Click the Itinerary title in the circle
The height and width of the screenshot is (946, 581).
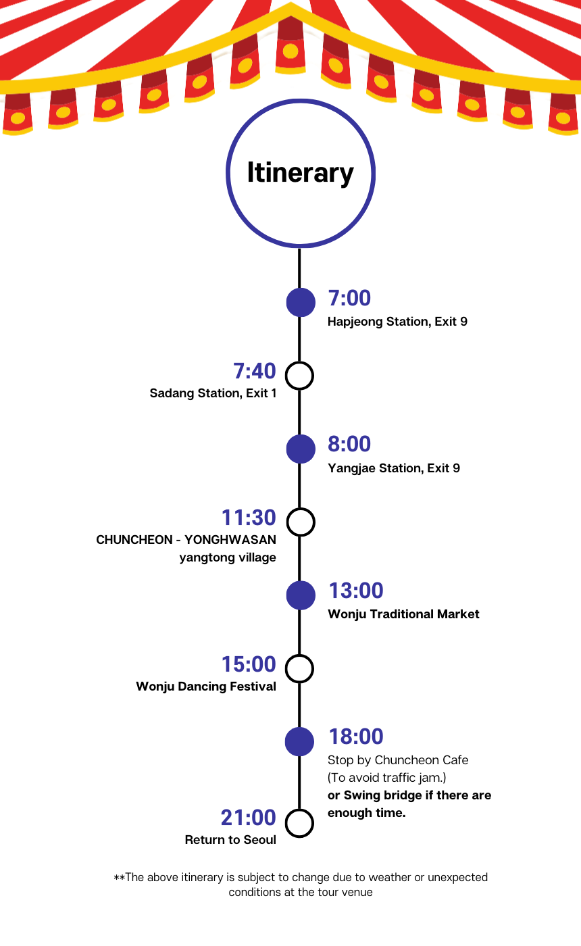coord(300,173)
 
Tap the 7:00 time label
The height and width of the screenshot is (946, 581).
coord(349,298)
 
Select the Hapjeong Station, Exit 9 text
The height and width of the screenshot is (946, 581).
coord(397,322)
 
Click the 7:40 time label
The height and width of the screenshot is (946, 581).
coord(255,371)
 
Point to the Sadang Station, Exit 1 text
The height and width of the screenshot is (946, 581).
coord(213,393)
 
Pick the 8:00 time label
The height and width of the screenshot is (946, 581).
coord(349,444)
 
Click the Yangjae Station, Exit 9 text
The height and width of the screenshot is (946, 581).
coord(394,468)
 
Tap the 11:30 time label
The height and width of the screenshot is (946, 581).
coord(249,518)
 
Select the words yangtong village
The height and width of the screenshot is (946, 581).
coord(228,557)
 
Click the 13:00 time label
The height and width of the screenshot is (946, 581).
coord(356,591)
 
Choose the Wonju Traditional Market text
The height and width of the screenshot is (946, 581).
coord(403,614)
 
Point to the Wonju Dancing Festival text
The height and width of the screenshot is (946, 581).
coord(206,687)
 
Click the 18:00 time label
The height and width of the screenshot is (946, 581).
coord(356,737)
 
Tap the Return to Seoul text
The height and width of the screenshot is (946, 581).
coord(230,840)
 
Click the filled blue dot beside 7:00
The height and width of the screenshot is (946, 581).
coord(301,302)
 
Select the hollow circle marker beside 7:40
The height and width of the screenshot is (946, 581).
coord(300,376)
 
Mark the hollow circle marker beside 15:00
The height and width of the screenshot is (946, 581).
coord(300,669)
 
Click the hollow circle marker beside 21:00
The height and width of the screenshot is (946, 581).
coord(300,823)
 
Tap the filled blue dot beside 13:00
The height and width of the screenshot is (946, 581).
coord(301,595)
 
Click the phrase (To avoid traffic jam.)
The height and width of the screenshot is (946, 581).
coord(386,778)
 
